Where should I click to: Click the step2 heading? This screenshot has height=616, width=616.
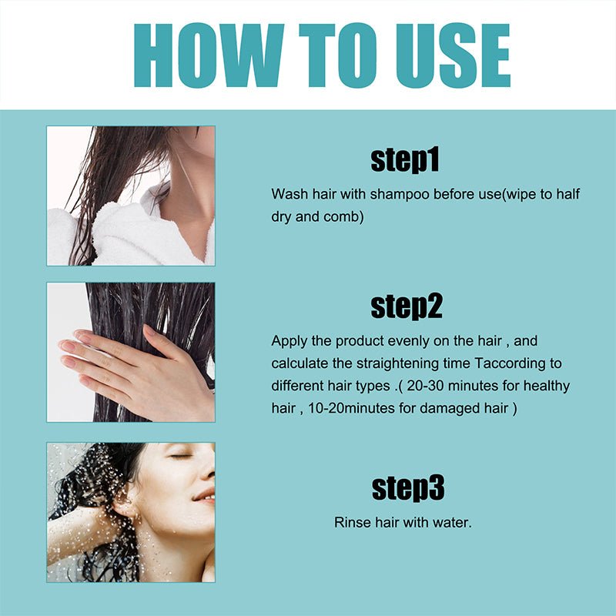click(407, 306)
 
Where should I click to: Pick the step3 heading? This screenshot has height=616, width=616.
click(408, 488)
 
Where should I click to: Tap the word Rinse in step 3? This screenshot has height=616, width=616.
click(350, 522)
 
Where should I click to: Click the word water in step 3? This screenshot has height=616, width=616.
click(453, 522)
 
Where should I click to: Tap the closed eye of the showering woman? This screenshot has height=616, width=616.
click(182, 457)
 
